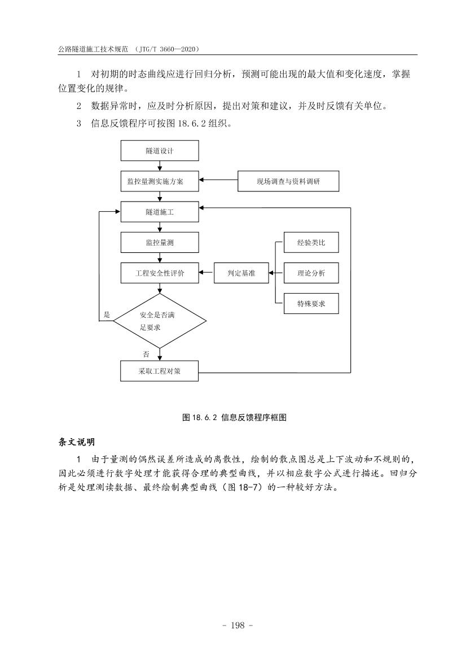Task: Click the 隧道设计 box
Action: pos(160,151)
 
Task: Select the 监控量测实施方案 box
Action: pos(160,182)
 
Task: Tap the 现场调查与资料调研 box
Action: pos(288,182)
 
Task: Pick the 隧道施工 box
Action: pos(160,212)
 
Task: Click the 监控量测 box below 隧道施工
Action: pos(160,243)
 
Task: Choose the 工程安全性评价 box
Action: pos(160,273)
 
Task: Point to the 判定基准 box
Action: pos(241,273)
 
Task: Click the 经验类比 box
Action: pos(311,243)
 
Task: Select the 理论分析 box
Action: pos(311,273)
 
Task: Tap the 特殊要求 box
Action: pos(311,304)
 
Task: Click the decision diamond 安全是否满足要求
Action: pos(160,321)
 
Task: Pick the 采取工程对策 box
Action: pos(160,371)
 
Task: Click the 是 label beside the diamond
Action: pos(107,314)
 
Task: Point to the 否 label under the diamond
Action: pos(146,355)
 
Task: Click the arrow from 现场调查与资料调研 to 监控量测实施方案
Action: pos(218,181)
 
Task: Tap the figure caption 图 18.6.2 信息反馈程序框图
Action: pos(235,417)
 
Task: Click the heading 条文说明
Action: pos(77,441)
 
